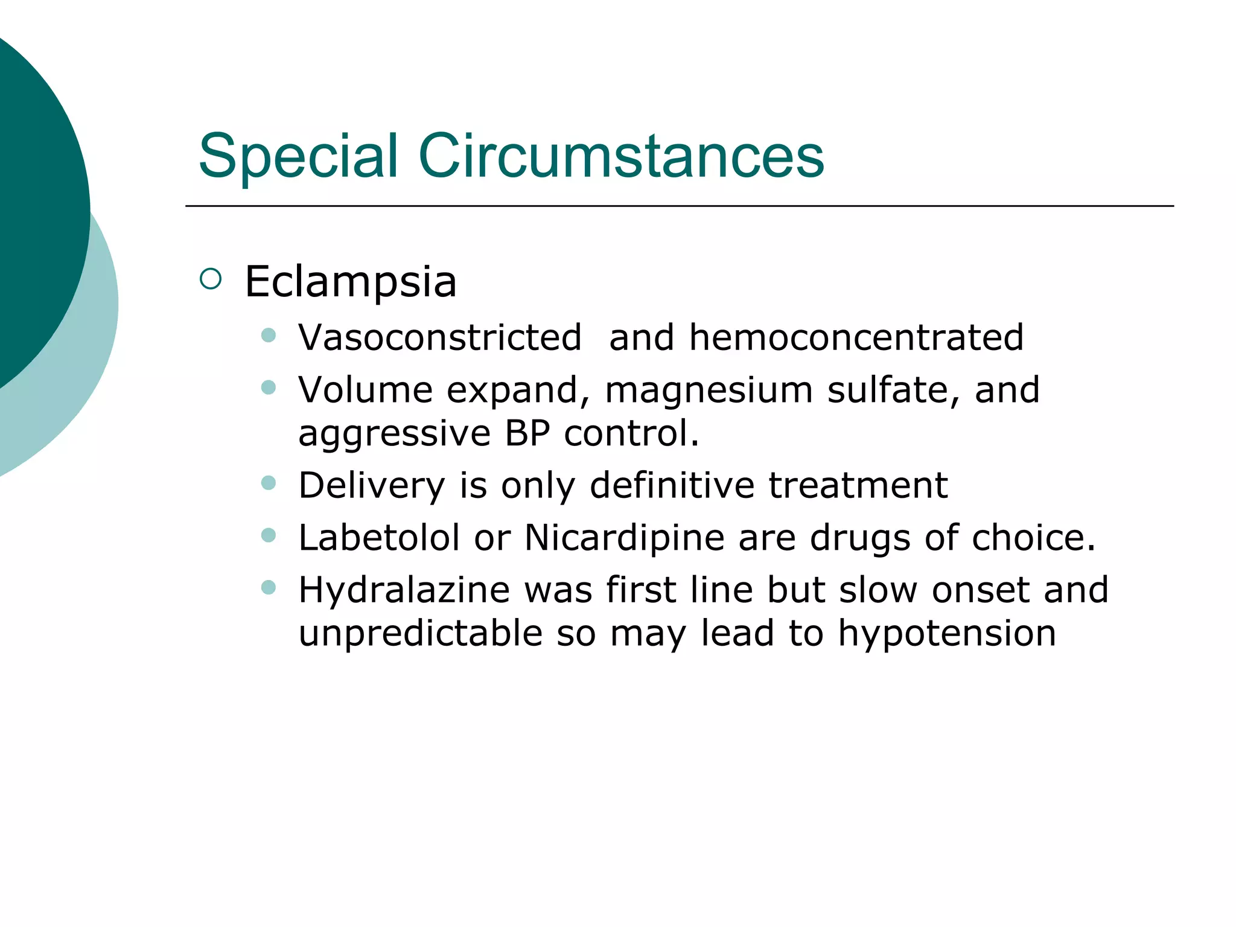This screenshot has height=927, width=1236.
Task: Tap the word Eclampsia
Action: pyautogui.click(x=350, y=282)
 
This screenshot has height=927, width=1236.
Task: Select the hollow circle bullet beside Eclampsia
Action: pyautogui.click(x=211, y=279)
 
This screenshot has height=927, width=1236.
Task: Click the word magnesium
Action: pyautogui.click(x=709, y=390)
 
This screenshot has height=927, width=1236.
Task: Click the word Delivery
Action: pyautogui.click(x=371, y=485)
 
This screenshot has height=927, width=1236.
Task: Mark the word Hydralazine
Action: pyautogui.click(x=404, y=590)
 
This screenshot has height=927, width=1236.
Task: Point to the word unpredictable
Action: pyautogui.click(x=421, y=634)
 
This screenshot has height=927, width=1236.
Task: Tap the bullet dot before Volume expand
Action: pyautogui.click(x=269, y=387)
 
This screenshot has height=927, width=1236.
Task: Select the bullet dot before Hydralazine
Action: pyautogui.click(x=269, y=587)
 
